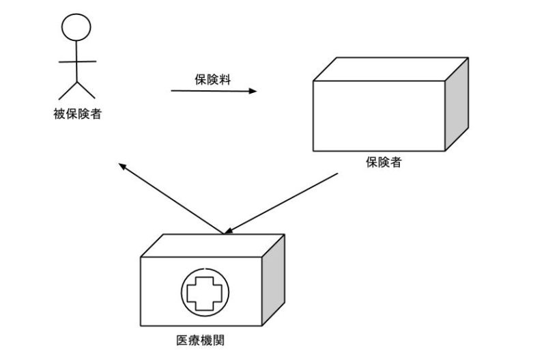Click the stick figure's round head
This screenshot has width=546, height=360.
[76, 27]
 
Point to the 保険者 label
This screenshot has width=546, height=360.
[383, 163]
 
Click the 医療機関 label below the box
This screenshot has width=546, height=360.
[204, 339]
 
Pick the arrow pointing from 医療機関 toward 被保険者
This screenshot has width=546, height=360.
[171, 198]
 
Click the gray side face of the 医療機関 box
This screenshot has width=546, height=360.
[274, 281]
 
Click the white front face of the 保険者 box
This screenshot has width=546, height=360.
[379, 116]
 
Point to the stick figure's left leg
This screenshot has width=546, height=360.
[67, 89]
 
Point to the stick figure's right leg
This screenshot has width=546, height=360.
[85, 89]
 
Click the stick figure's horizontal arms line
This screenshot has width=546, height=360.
[76, 62]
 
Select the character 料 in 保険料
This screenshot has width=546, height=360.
[225, 79]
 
